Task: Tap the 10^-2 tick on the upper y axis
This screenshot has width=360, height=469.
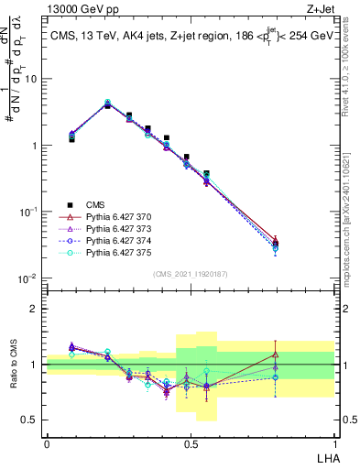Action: pyautogui.click(x=30, y=278)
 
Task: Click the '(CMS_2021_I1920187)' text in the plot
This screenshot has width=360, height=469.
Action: pyautogui.click(x=190, y=272)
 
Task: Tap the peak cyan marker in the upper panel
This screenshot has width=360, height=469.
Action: pyautogui.click(x=107, y=103)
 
